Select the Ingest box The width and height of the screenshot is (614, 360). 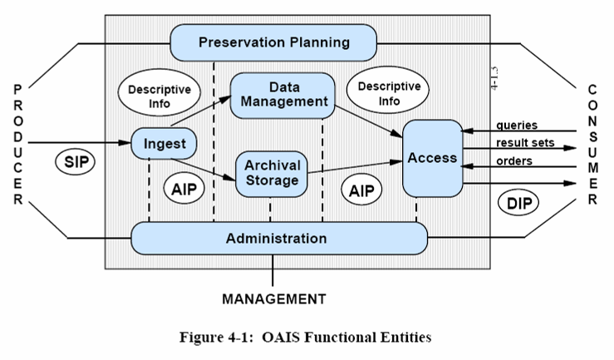tap(164, 144)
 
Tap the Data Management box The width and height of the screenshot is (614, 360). tap(282, 94)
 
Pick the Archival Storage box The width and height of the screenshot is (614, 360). tap(272, 173)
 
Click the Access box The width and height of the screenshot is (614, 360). tap(432, 158)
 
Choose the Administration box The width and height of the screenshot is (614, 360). tap(277, 239)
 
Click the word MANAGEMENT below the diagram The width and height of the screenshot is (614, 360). tap(273, 298)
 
